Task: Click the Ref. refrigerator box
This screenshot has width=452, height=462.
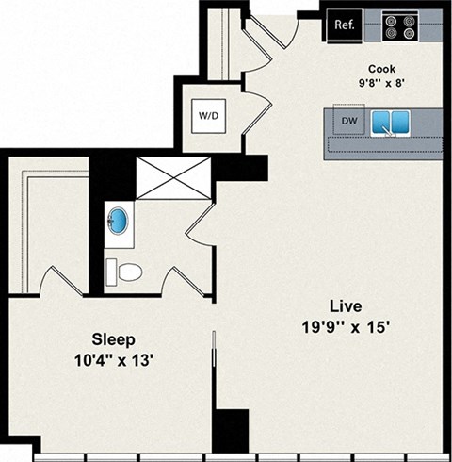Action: click(x=345, y=26)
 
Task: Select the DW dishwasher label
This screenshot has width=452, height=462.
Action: click(x=348, y=122)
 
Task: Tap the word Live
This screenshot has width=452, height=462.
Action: click(x=345, y=306)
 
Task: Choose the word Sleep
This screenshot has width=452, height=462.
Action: click(x=113, y=339)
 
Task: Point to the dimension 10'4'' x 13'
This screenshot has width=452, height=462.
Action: click(x=113, y=359)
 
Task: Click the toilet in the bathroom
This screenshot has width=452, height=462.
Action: click(x=124, y=272)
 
